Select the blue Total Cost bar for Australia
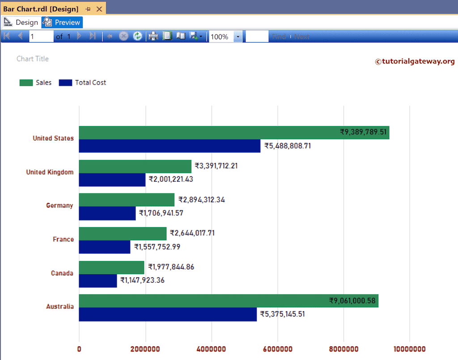tap(168, 314)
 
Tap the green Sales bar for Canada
tap(111, 267)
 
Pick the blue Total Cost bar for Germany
tap(107, 213)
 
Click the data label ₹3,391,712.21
tap(216, 166)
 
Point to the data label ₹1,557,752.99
tap(157, 247)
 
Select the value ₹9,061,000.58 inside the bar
tap(352, 301)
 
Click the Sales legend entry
tap(36, 83)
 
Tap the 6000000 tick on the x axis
tap(277, 349)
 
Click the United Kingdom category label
tap(50, 172)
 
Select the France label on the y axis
tap(63, 239)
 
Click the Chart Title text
tap(33, 59)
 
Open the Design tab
tap(21, 22)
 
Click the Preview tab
tap(62, 22)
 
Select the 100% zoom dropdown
tap(225, 37)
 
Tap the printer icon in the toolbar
tap(153, 37)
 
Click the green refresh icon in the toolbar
tap(138, 37)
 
